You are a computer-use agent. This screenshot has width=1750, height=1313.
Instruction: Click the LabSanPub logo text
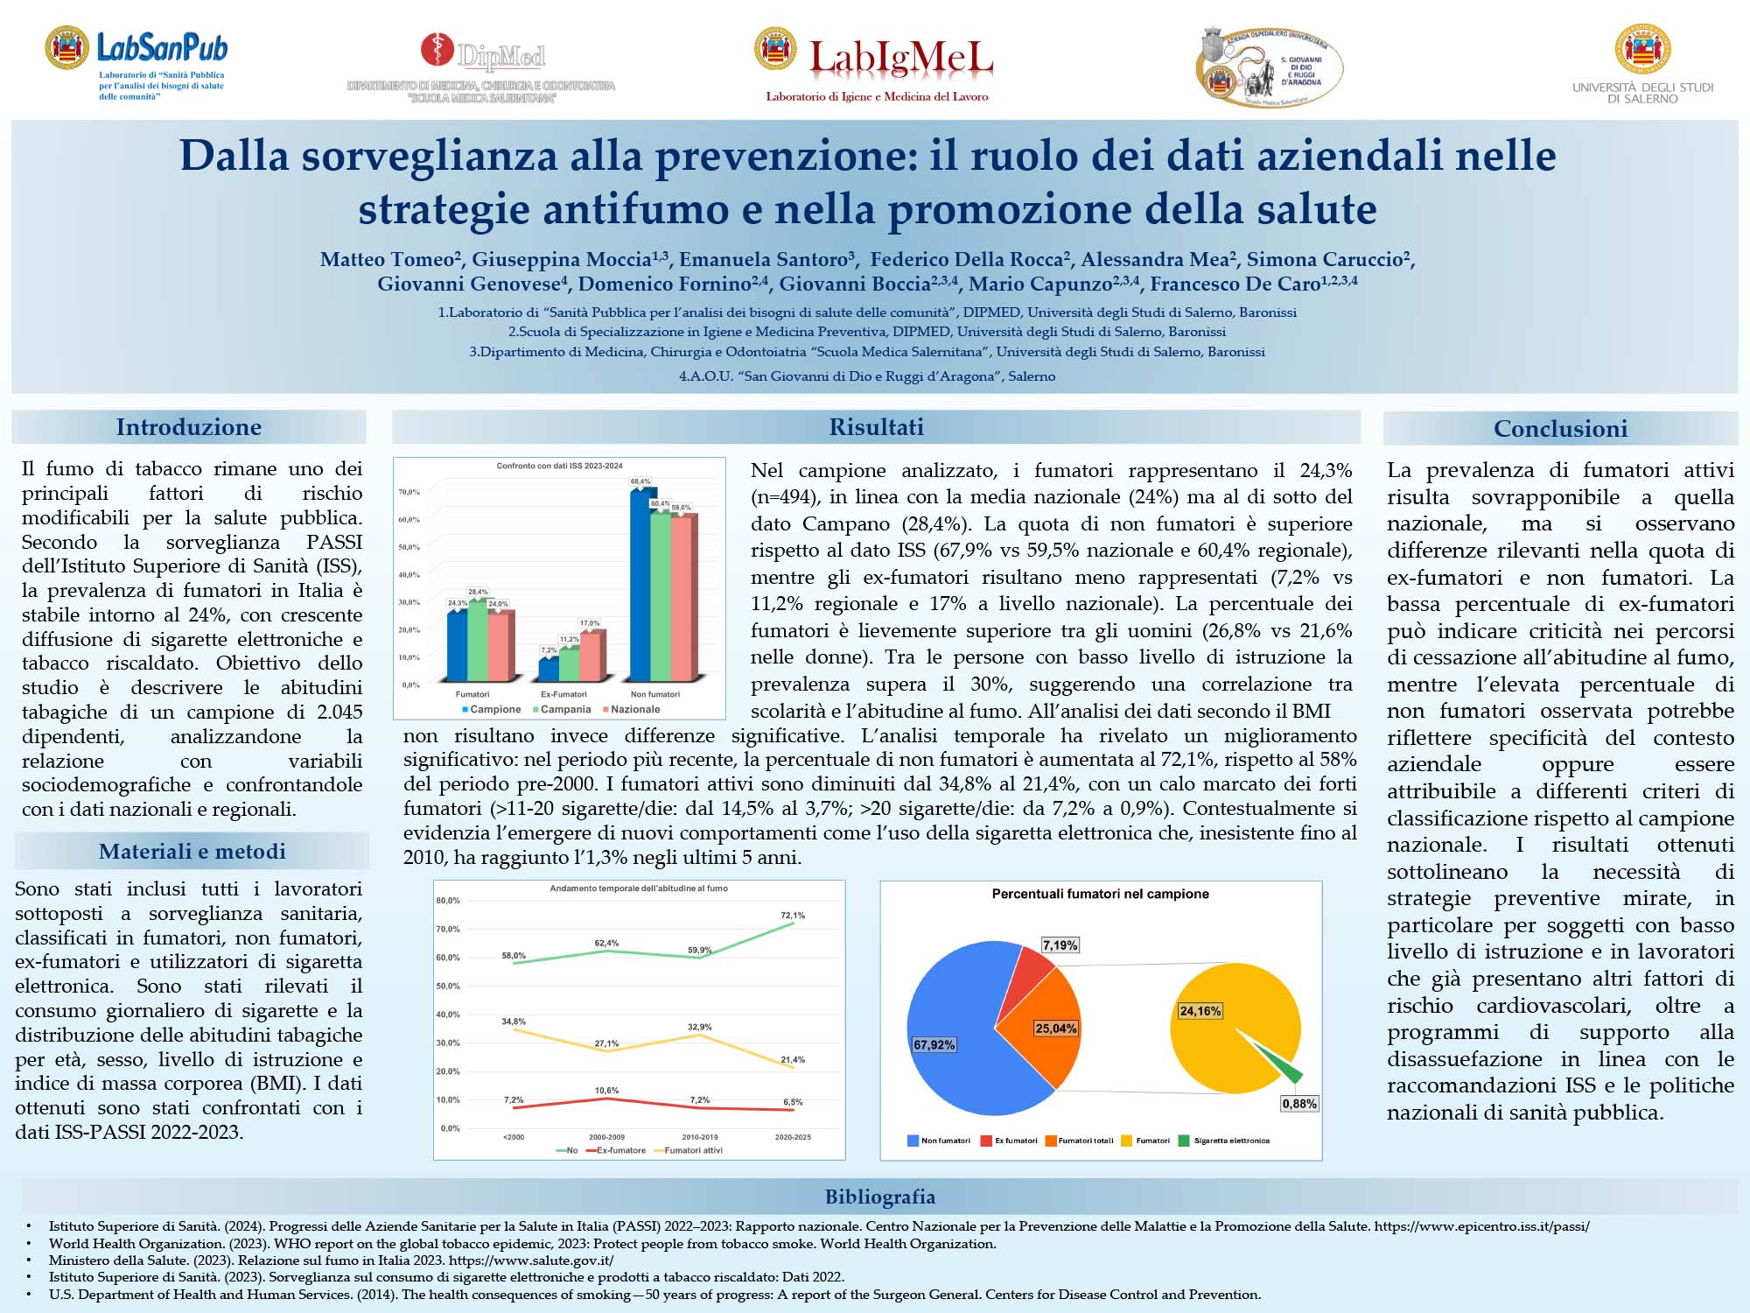point(162,47)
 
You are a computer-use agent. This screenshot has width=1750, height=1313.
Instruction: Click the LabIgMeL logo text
point(900,58)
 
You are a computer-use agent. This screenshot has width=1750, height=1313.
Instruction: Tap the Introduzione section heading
point(189,427)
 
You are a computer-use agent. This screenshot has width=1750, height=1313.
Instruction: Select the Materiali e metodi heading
point(192,851)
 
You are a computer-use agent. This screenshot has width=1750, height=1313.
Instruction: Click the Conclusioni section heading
point(1560,428)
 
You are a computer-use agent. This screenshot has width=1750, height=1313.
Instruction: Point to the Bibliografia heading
point(879,1197)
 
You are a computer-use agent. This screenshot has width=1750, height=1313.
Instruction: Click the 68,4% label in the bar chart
point(640,481)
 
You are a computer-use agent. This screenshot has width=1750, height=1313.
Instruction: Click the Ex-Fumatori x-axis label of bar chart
point(563,694)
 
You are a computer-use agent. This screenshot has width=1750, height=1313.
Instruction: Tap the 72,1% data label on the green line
point(793,916)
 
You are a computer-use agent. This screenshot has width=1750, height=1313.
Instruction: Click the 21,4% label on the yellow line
point(793,1059)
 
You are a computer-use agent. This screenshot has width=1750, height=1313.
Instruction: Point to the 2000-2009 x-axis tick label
point(606,1137)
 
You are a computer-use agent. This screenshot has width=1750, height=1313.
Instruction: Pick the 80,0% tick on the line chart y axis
point(447,900)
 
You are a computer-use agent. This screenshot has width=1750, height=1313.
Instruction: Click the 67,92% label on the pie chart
point(934,1044)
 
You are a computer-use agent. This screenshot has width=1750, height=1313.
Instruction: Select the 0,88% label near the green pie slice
point(1299,1104)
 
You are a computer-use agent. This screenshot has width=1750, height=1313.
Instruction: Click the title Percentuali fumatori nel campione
point(1100,894)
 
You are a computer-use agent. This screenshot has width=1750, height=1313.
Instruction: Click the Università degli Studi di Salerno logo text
point(1642,93)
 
